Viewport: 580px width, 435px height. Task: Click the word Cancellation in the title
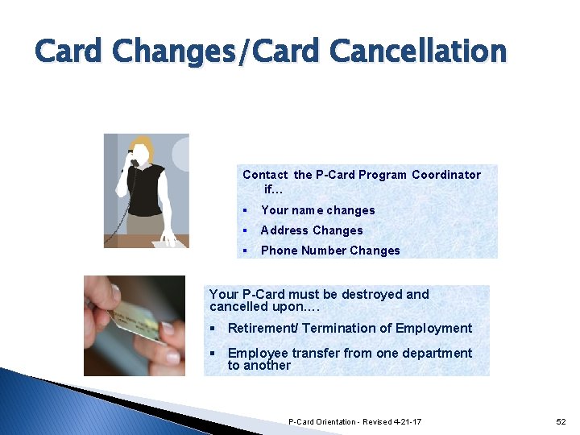[418, 52]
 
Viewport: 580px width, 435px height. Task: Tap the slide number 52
[561, 422]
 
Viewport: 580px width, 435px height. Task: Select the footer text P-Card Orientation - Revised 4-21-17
[354, 422]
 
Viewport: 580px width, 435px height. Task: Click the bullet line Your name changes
[317, 210]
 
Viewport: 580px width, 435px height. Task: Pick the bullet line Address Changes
[312, 230]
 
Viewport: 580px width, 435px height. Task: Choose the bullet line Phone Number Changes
[330, 251]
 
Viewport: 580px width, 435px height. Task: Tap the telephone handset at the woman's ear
[133, 159]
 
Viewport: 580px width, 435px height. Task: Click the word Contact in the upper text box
[266, 175]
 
